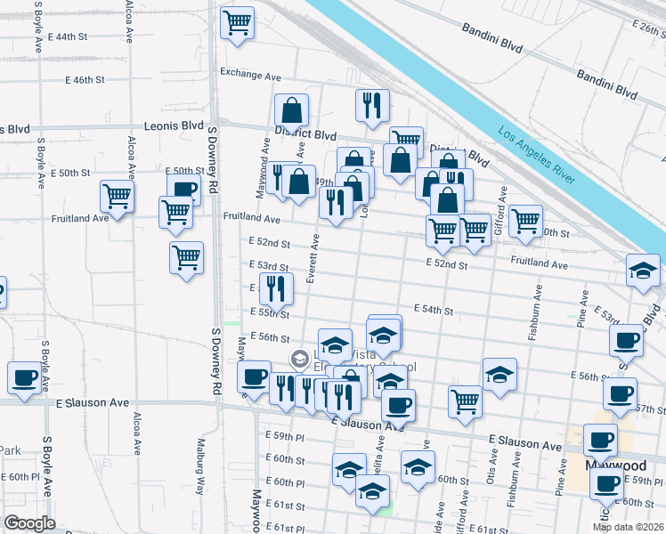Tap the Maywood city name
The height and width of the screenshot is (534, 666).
[615, 465]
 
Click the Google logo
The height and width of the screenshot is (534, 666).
[29, 523]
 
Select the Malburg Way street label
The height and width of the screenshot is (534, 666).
[201, 471]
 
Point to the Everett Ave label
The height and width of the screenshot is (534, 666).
[313, 259]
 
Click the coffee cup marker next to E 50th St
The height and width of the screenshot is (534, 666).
[184, 189]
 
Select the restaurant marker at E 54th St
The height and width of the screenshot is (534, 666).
[276, 288]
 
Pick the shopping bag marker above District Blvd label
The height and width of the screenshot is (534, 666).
[291, 111]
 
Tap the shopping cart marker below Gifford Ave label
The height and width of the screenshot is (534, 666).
[525, 221]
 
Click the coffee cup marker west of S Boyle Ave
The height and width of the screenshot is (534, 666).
[24, 377]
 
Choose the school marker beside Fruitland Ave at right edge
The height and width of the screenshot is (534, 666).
[644, 271]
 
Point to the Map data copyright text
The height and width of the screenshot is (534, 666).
[628, 527]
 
